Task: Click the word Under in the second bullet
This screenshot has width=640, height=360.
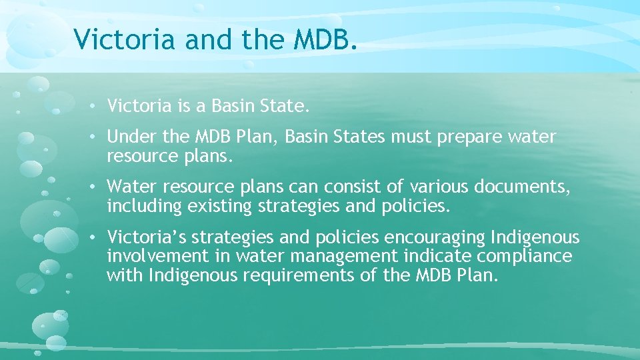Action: click(x=132, y=137)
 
